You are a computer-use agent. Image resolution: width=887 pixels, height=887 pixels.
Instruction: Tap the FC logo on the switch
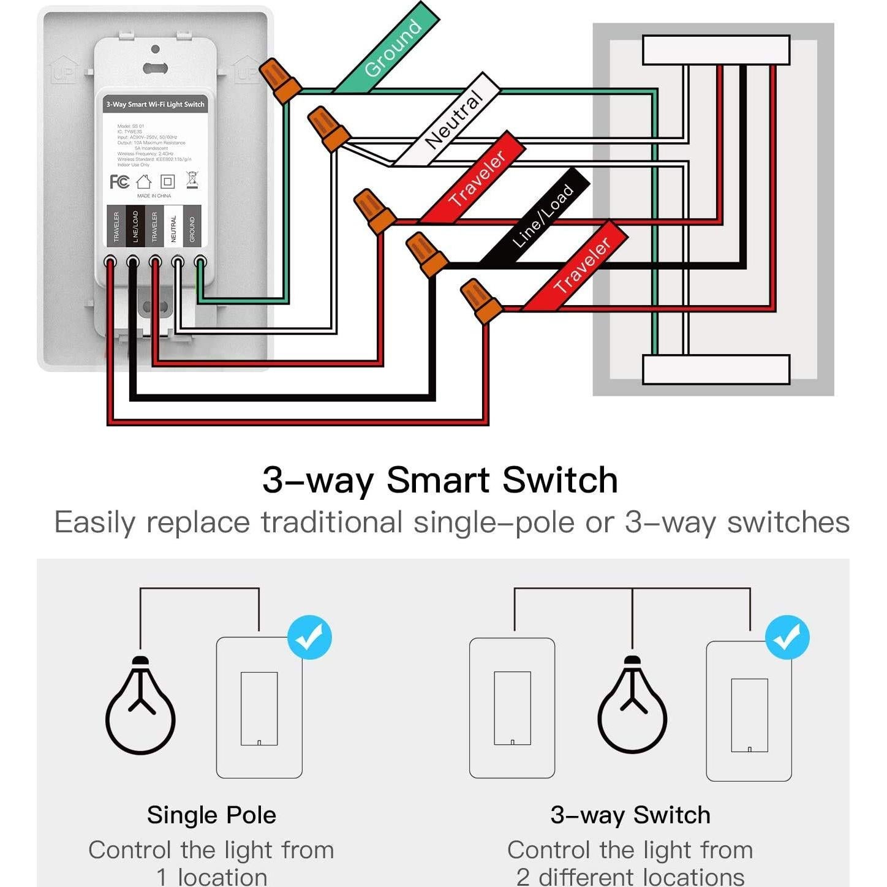(x=119, y=181)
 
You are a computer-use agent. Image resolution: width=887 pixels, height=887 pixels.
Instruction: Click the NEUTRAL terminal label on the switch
(x=173, y=226)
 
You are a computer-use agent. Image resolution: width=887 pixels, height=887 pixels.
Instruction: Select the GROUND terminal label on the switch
(x=192, y=226)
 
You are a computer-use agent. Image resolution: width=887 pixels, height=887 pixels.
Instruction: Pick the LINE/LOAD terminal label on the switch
(x=135, y=226)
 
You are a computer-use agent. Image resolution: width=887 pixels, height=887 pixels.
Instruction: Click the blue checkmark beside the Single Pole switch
(x=310, y=638)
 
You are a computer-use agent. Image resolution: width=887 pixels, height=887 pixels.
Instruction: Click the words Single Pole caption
(x=211, y=815)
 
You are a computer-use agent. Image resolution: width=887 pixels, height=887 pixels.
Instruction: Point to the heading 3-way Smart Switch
(x=440, y=480)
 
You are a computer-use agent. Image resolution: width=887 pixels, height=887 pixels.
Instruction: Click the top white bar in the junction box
(x=715, y=50)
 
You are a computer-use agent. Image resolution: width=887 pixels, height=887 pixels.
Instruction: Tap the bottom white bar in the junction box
(x=715, y=369)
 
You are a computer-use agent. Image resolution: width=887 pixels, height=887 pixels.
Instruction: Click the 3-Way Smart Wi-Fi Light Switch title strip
(x=155, y=104)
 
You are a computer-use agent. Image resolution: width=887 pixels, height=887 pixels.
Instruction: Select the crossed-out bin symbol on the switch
(x=192, y=180)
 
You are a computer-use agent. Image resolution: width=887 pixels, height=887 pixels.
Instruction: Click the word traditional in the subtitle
(x=331, y=523)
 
